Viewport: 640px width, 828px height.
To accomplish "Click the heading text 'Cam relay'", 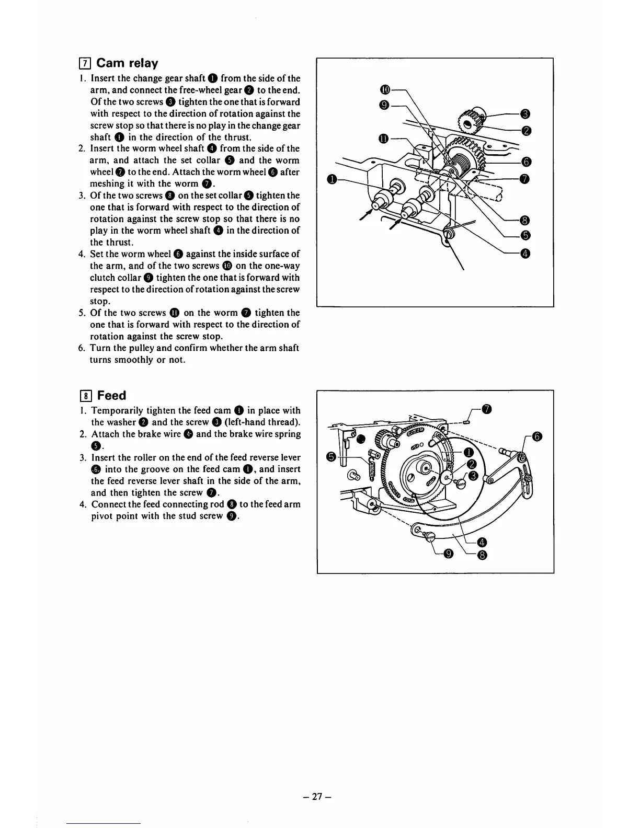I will pos(127,63).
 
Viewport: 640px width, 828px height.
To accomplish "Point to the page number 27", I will pos(317,797).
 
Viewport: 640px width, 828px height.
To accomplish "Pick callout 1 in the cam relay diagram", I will pos(331,180).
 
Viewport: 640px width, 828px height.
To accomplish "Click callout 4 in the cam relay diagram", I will pos(525,254).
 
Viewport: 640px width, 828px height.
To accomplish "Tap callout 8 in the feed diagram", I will pos(483,555).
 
